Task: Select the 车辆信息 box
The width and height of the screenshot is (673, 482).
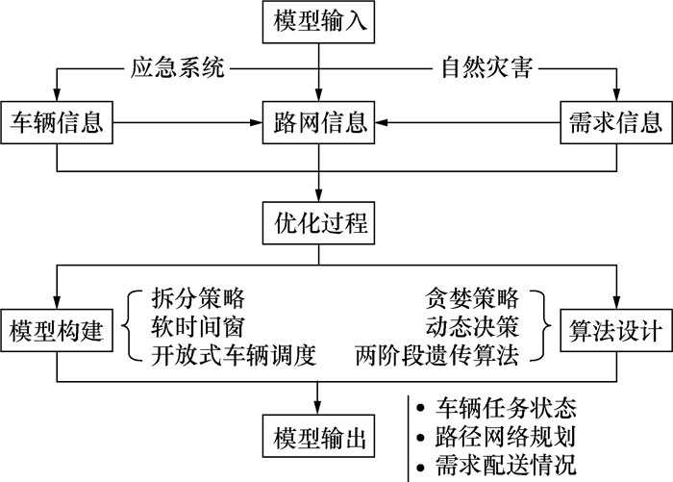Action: tap(57, 122)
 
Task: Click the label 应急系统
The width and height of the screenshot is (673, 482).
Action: tap(177, 69)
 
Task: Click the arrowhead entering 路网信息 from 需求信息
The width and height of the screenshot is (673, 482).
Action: tap(384, 123)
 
